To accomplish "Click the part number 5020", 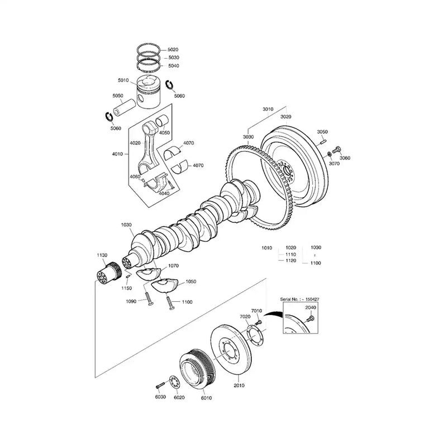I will pyautogui.click(x=173, y=50).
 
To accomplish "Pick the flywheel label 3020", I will pyautogui.click(x=286, y=117).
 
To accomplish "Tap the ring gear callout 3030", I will pyautogui.click(x=248, y=136).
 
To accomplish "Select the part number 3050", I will pyautogui.click(x=322, y=132).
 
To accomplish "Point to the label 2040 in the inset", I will pyautogui.click(x=311, y=307).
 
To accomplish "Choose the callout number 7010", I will pyautogui.click(x=256, y=310).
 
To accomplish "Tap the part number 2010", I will pyautogui.click(x=239, y=385).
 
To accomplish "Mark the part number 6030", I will pyautogui.click(x=160, y=397).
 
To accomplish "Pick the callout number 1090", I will pyautogui.click(x=131, y=302).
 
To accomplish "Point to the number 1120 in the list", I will pyautogui.click(x=291, y=261).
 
